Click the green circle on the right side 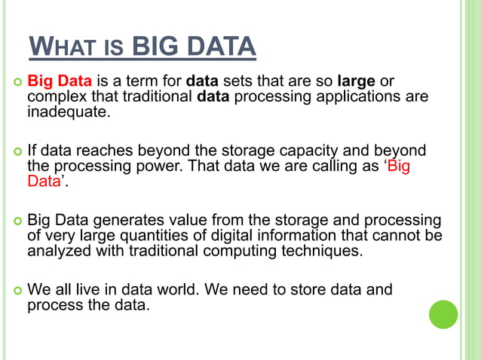tap(443, 314)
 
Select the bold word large tap(357, 81)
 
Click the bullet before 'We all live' tap(16, 290)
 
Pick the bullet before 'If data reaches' tap(16, 151)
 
